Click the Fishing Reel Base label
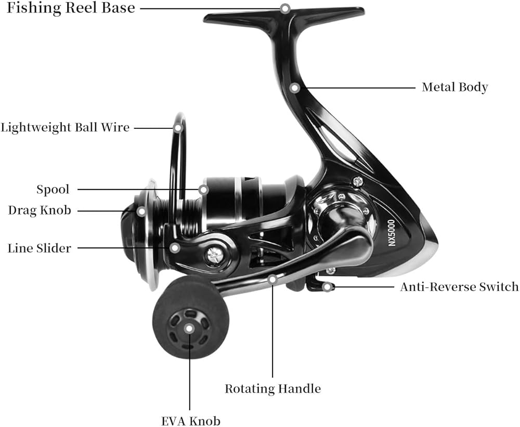(x=71, y=8)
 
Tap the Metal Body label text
(x=454, y=87)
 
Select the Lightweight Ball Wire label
(x=65, y=128)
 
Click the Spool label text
(x=53, y=190)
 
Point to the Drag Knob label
(x=40, y=210)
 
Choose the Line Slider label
(x=39, y=248)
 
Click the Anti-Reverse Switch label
(x=459, y=287)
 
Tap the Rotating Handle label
(x=273, y=389)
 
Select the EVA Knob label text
(x=191, y=421)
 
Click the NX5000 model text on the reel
(x=392, y=233)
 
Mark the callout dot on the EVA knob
(x=189, y=329)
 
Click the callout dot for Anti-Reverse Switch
(x=327, y=287)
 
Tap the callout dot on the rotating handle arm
(x=272, y=279)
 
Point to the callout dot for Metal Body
(x=294, y=88)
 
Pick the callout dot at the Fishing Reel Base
(x=285, y=9)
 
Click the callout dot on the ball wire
(x=178, y=128)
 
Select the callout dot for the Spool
(x=204, y=190)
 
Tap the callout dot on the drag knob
(x=141, y=211)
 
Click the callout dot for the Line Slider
(x=175, y=247)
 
